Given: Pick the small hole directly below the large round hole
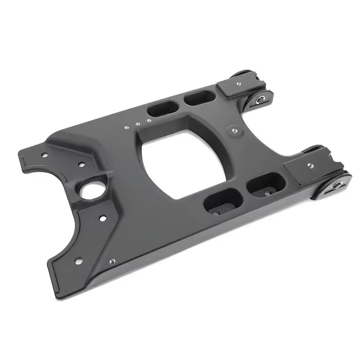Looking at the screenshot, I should click(x=103, y=219).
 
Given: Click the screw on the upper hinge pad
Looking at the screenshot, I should click(x=238, y=83).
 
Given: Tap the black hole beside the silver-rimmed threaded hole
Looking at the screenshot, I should click(x=79, y=260).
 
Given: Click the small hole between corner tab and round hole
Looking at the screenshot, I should click(x=81, y=165).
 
